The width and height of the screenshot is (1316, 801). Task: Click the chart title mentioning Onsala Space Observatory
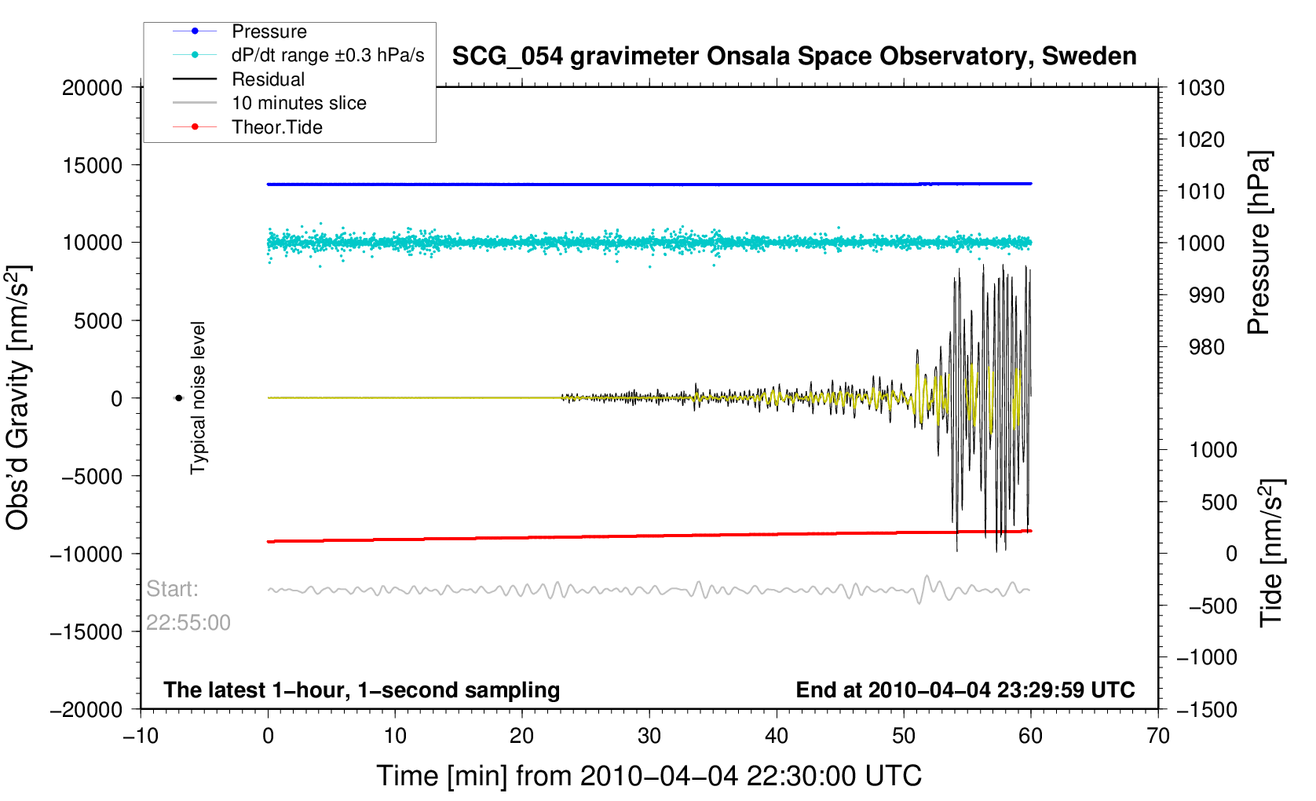coord(795,57)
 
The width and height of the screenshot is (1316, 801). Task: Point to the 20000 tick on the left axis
coord(92,88)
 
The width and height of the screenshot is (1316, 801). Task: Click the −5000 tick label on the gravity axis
coord(92,477)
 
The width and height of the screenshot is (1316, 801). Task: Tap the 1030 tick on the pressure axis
coord(1201,88)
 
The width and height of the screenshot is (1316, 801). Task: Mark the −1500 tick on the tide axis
coord(1207,709)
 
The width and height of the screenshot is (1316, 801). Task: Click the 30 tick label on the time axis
coord(649,736)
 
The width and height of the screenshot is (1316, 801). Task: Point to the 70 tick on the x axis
coord(1158,736)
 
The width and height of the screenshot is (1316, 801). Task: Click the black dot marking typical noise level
coord(178,398)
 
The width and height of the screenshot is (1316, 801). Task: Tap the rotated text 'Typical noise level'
coord(198,398)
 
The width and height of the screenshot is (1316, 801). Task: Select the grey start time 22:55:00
coord(188,623)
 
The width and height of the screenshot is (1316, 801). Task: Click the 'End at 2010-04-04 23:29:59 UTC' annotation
coord(965,690)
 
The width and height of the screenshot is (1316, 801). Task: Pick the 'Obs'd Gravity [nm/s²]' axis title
coord(17,398)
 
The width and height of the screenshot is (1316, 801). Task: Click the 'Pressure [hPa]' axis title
coord(1259,243)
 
